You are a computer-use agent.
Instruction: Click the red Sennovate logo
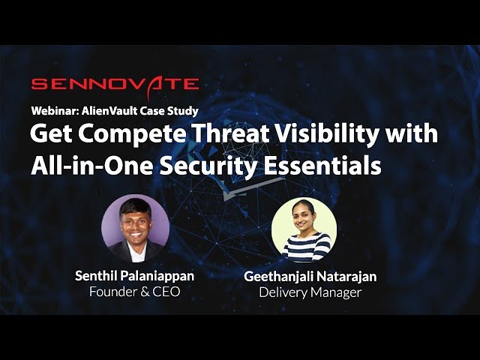(115, 85)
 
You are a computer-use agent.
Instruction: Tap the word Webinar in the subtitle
(55, 110)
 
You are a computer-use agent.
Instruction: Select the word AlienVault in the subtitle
(109, 110)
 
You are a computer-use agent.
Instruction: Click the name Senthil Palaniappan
(135, 276)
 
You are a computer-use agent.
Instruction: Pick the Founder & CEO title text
(135, 292)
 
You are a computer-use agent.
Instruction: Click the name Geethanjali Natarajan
(310, 277)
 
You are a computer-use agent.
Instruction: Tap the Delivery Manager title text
(310, 292)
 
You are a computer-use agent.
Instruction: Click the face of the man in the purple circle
(135, 224)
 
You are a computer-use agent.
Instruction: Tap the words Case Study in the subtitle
(169, 110)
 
